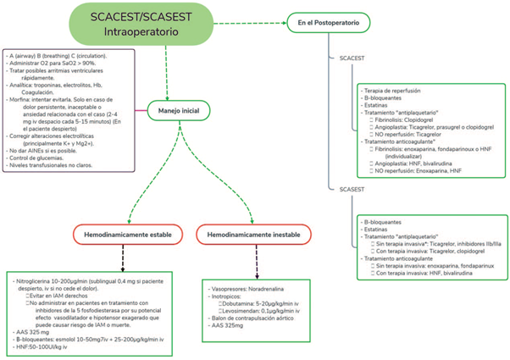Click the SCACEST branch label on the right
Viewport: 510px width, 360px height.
click(x=351, y=58)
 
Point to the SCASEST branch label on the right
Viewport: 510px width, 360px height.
click(x=351, y=187)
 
